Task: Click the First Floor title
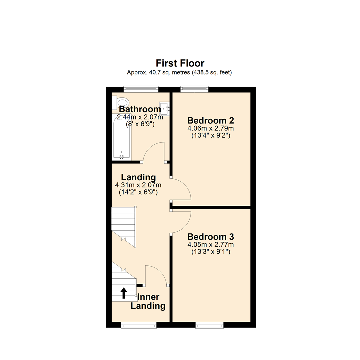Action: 180,63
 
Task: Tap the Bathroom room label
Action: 140,109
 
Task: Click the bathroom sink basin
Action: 165,107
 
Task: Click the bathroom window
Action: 141,89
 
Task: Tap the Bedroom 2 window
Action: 195,89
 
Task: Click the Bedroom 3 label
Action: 210,237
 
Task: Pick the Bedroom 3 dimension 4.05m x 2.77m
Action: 210,245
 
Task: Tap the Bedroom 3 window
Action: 209,325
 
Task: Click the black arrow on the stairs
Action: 124,293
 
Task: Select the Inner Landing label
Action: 148,301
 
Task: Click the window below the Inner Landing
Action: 138,325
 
